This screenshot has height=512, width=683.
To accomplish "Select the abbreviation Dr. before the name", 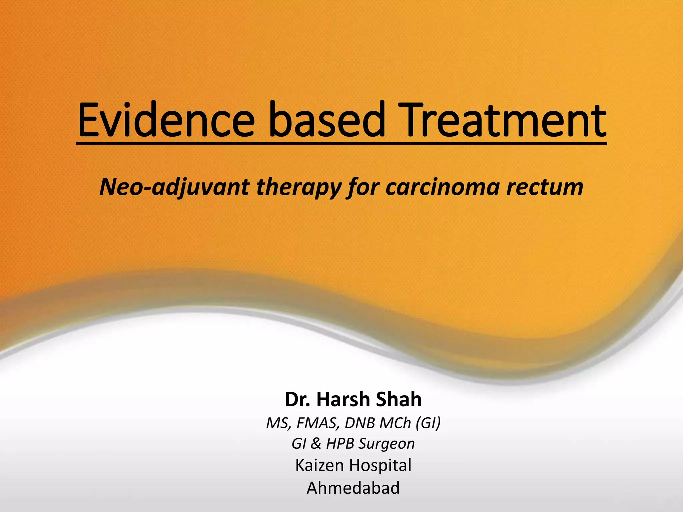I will point(298,399).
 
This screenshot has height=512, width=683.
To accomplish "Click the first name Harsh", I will point(344,399).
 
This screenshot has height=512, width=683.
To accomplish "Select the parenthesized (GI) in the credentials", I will point(428,423).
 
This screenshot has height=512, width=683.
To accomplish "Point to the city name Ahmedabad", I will point(353,488).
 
